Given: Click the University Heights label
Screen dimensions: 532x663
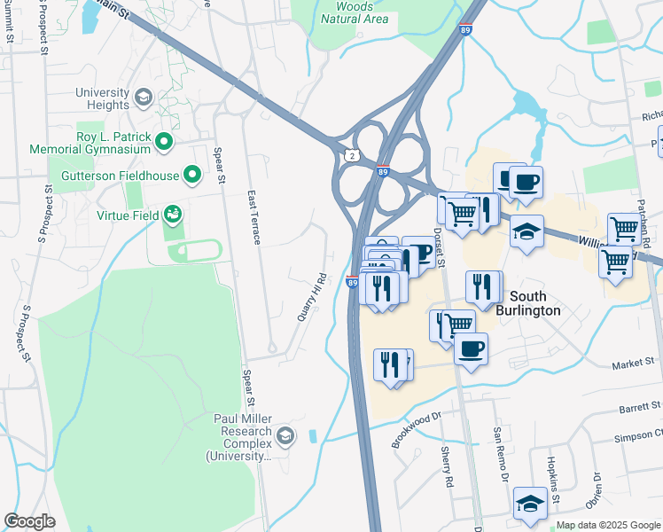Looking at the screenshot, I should point(102,98).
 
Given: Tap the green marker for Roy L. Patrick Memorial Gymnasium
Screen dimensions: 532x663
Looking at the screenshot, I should point(164,141).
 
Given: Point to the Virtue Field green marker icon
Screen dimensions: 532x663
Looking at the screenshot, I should point(173,215).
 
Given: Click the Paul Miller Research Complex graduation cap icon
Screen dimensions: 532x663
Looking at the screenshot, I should point(285,434).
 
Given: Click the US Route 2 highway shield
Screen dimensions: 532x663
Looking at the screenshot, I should point(353,155).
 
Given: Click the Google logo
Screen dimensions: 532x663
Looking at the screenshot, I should point(30,521).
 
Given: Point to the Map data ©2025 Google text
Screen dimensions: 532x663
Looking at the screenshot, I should point(608,525).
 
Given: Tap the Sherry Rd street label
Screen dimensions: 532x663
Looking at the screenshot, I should point(448,469).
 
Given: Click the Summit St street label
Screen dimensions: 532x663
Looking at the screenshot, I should point(9,25).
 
